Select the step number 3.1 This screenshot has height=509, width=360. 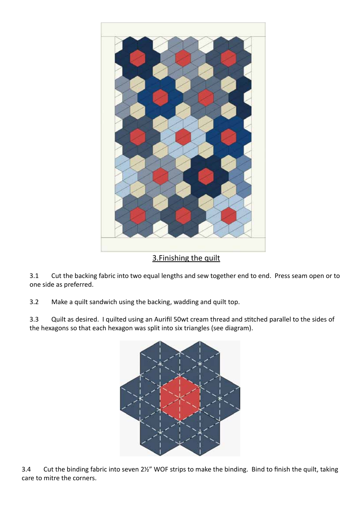coord(34,276)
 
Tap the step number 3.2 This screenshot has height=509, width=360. coord(34,302)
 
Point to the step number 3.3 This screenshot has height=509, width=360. coord(34,320)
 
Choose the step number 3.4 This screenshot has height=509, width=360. coord(26,470)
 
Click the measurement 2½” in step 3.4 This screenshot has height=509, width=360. coord(146,470)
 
